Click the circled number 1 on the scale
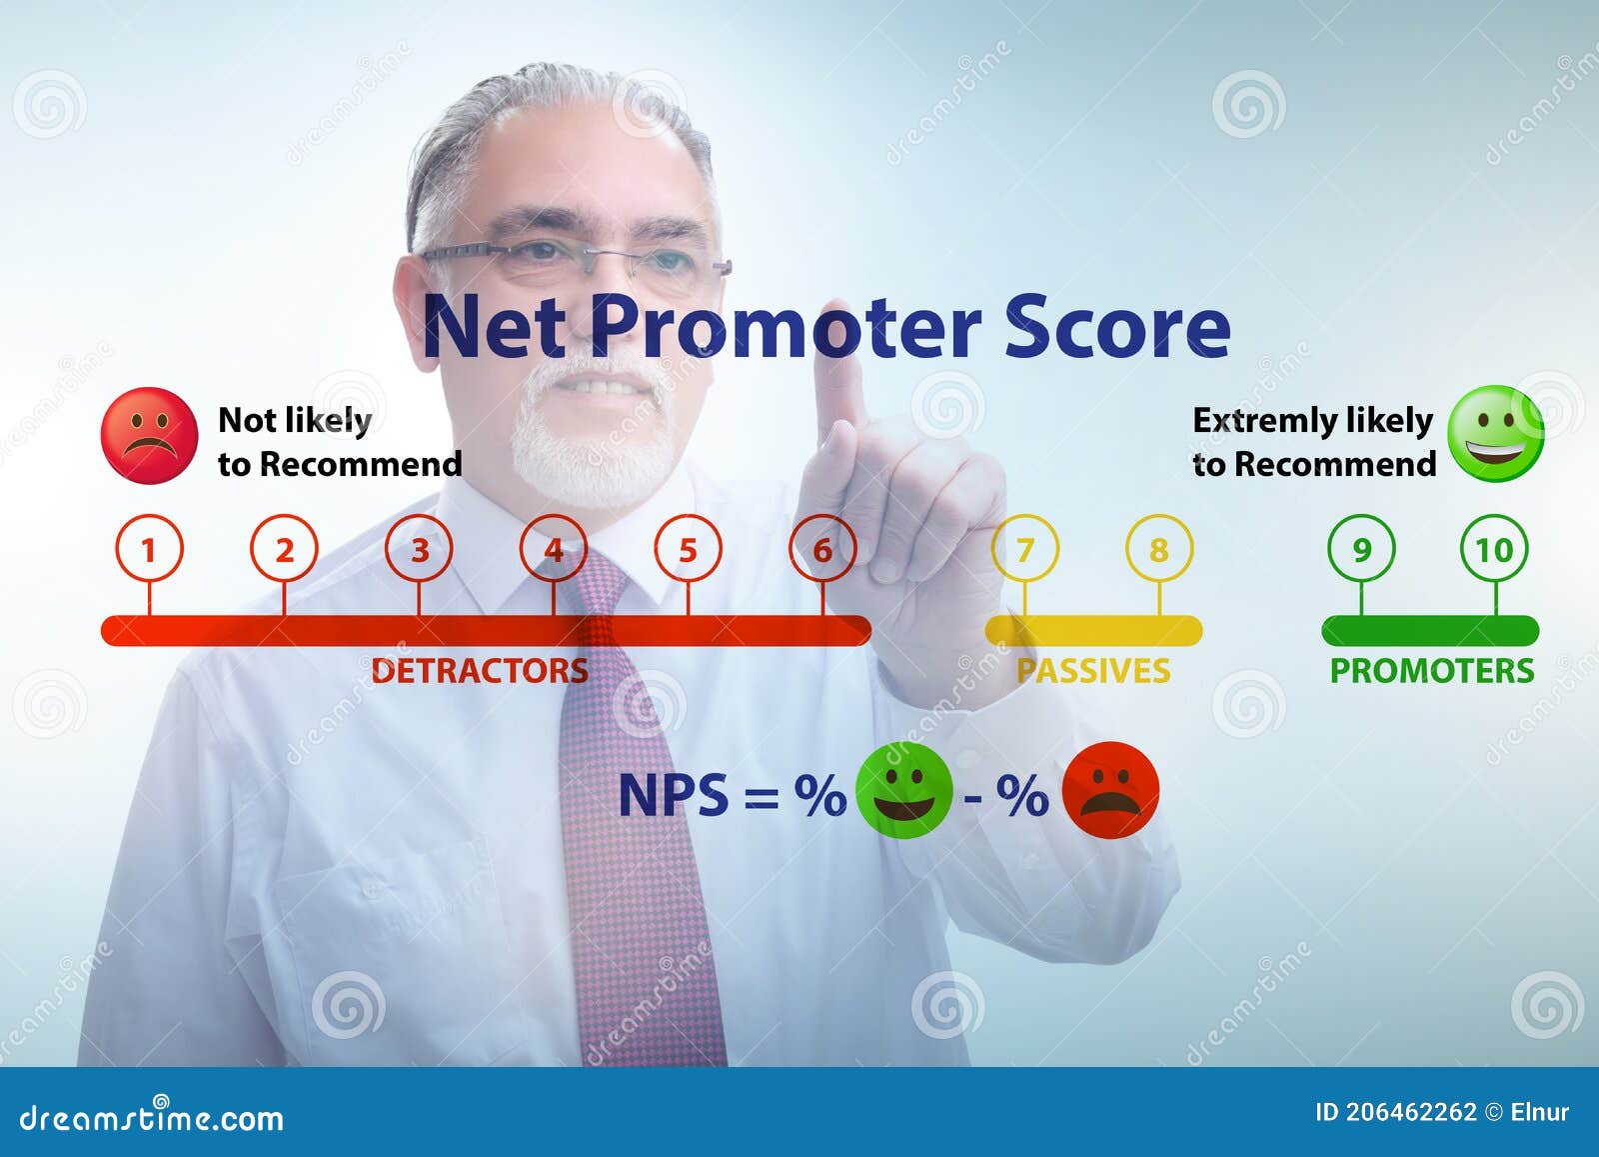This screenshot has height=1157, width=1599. pos(149,549)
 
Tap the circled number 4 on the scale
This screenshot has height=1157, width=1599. pos(554,549)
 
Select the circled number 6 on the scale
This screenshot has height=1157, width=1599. pos(822,549)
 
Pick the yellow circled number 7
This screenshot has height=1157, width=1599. pos(1024,549)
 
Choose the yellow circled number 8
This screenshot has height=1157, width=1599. pos(1159,549)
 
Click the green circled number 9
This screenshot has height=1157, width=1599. pos(1361,549)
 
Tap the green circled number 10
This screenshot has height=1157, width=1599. pos(1495,549)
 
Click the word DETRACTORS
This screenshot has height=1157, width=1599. pos(480,670)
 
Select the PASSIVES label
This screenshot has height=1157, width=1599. pos(1093,670)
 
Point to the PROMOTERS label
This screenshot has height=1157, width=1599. pos(1431,670)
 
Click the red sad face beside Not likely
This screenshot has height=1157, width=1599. pos(149,436)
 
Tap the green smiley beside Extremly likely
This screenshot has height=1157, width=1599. pos(1496,434)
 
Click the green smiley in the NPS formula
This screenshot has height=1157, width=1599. pos(904,790)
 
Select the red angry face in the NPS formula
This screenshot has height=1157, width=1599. pos(1110,790)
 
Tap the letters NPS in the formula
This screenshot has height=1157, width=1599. pos(674,796)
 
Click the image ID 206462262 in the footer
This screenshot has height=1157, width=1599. pos(1395,1112)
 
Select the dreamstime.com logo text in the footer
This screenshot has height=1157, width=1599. pos(152,1117)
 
